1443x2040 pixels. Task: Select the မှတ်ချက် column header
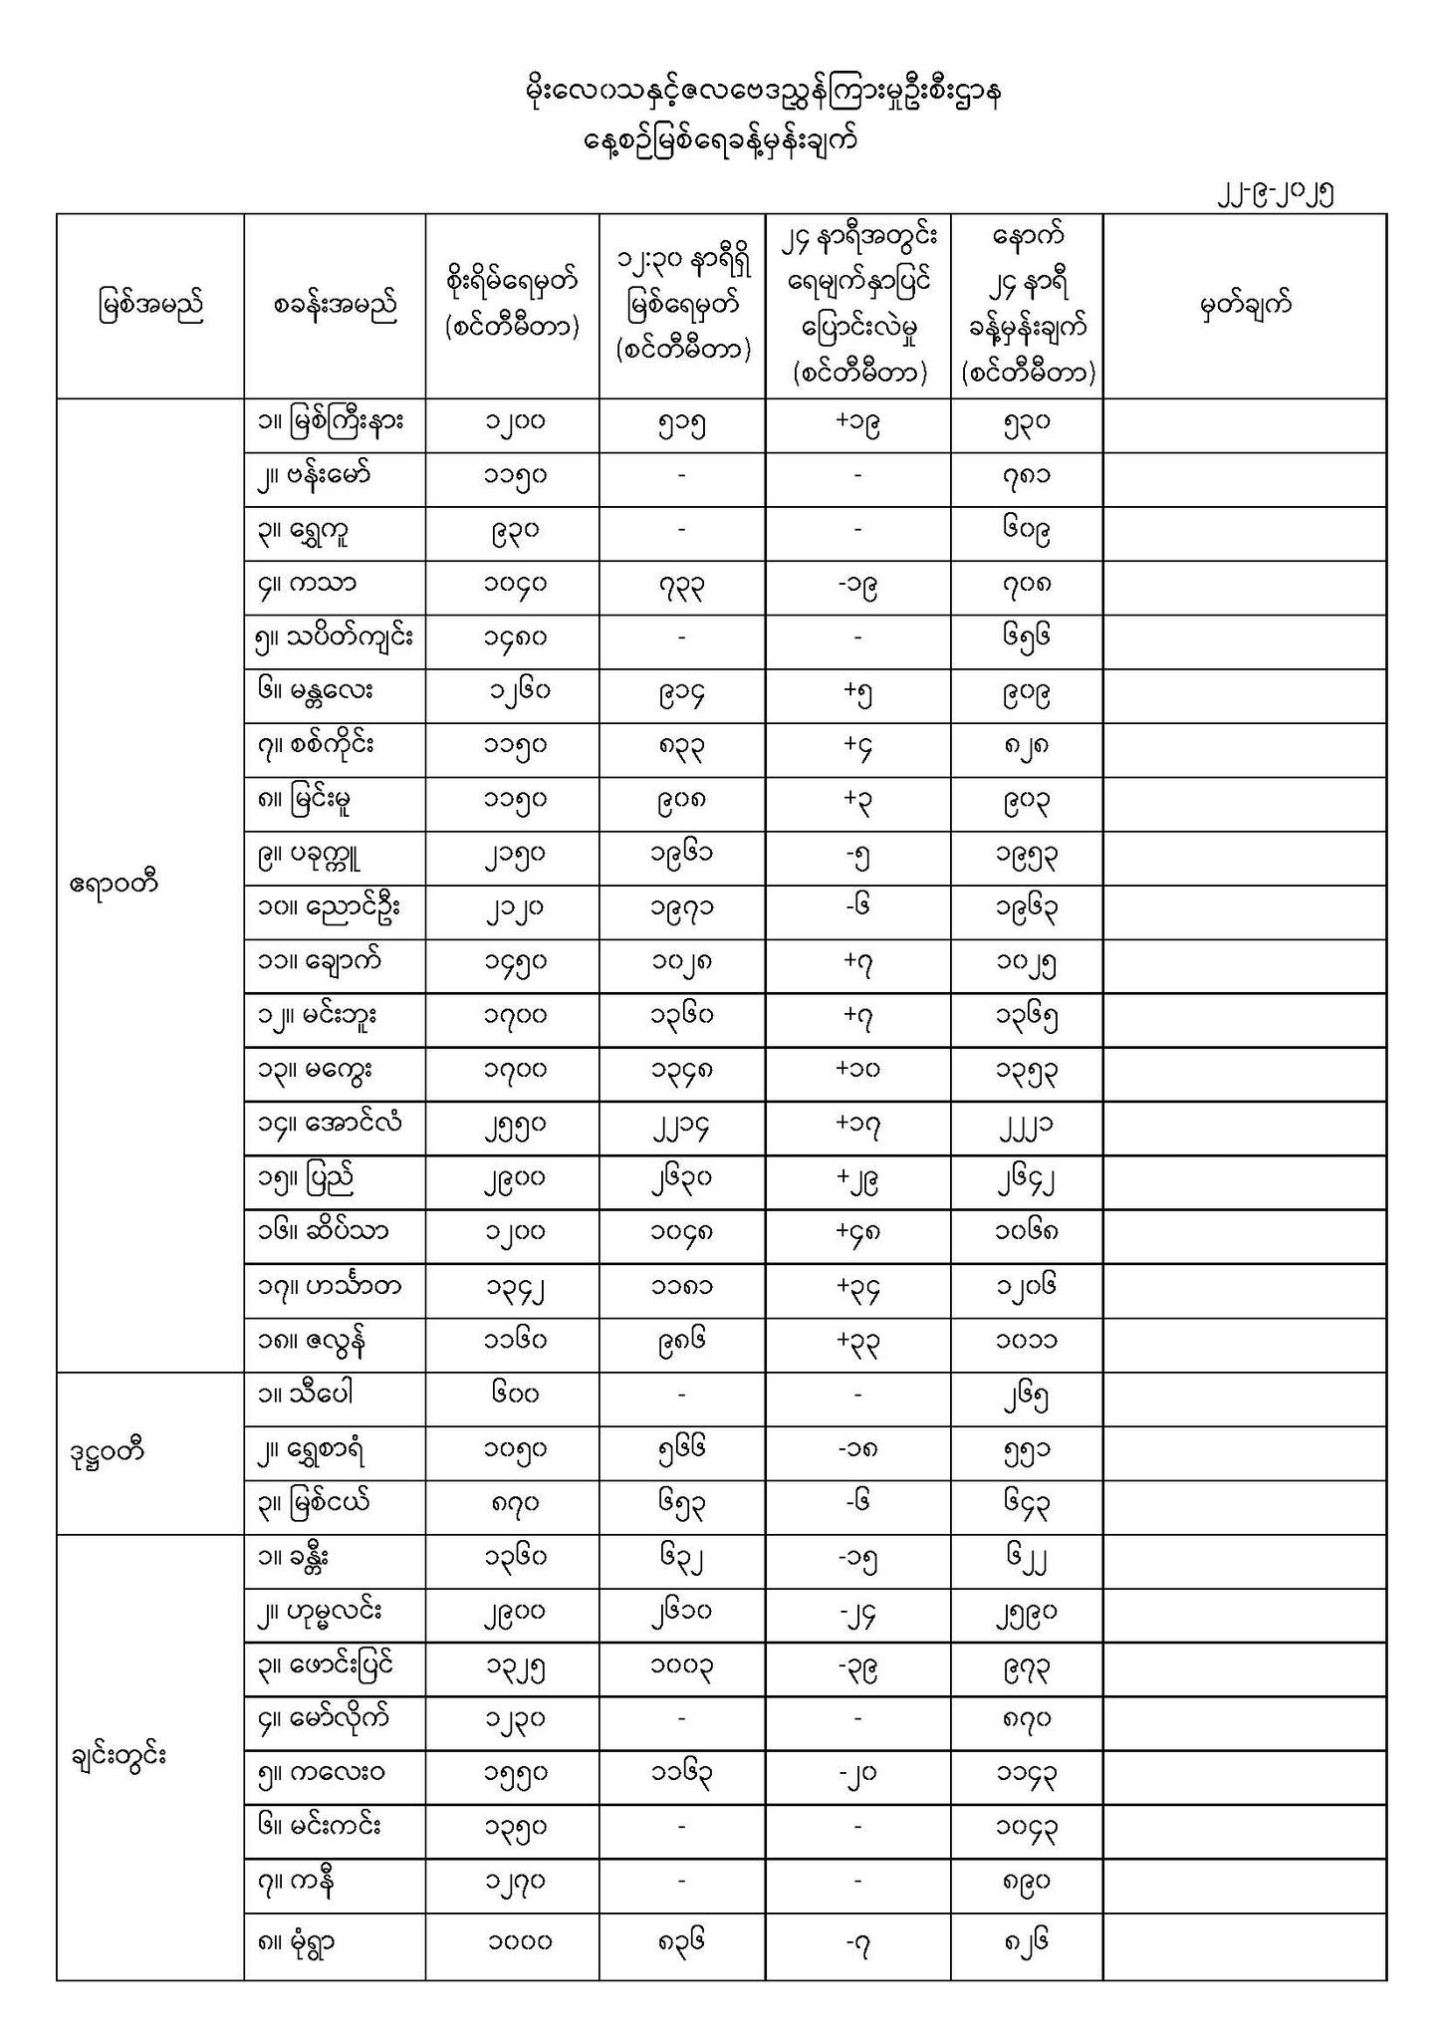coord(1245,306)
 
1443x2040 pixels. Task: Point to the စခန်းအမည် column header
coord(335,306)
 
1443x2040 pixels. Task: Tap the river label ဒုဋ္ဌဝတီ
coord(110,1451)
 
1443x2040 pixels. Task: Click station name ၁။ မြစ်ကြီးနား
coord(331,424)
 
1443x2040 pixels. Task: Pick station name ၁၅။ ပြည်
coord(306,1180)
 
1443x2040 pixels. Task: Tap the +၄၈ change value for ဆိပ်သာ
coord(857,1233)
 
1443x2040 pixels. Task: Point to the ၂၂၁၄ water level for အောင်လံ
coord(681,1127)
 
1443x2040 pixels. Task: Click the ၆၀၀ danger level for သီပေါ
coord(514,1397)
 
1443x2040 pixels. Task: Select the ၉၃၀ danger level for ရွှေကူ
coord(514,531)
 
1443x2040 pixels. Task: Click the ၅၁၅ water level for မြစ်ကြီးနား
coord(681,424)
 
